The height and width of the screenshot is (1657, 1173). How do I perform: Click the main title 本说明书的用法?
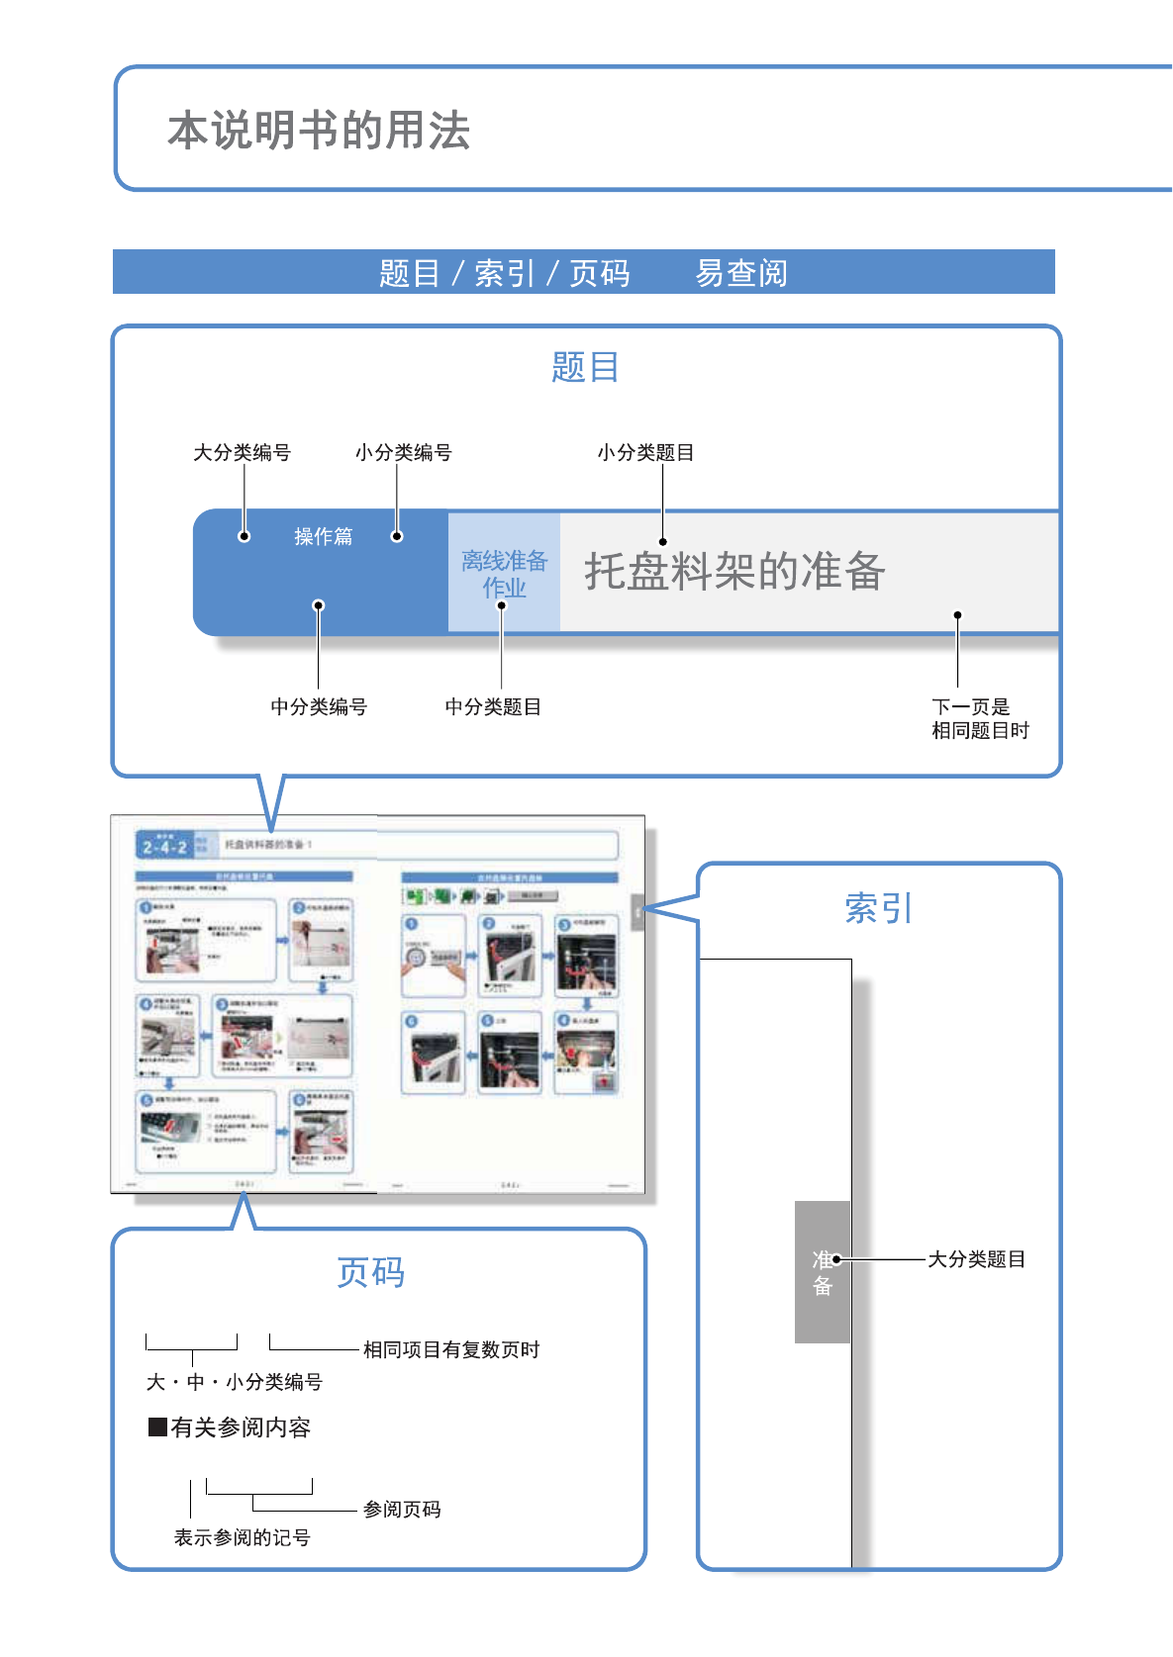[319, 131]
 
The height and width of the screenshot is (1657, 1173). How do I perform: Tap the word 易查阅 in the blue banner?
[741, 273]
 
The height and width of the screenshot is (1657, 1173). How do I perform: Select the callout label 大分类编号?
[242, 453]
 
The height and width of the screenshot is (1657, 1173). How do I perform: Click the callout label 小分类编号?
[403, 453]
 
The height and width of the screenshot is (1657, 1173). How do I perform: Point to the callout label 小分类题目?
[645, 453]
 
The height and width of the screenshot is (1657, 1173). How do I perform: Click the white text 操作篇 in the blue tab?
[323, 536]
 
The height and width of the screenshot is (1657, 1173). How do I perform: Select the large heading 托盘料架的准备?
[734, 572]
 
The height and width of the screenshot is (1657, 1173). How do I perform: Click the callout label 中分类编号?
[319, 707]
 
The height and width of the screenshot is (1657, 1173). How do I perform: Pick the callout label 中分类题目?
[493, 707]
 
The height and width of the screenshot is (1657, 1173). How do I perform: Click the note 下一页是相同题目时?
[979, 719]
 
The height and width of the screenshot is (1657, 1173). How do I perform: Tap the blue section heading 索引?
[878, 908]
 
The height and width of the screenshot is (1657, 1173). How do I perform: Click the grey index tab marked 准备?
[823, 1272]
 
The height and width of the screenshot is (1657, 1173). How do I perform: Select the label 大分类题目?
[976, 1259]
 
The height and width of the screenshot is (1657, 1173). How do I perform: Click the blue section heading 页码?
[371, 1272]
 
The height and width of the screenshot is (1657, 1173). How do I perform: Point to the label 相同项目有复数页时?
[451, 1350]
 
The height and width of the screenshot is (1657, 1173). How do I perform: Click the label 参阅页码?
[402, 1510]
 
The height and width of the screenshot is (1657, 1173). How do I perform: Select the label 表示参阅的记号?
[243, 1538]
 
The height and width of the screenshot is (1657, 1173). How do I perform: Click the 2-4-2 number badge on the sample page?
[164, 847]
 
